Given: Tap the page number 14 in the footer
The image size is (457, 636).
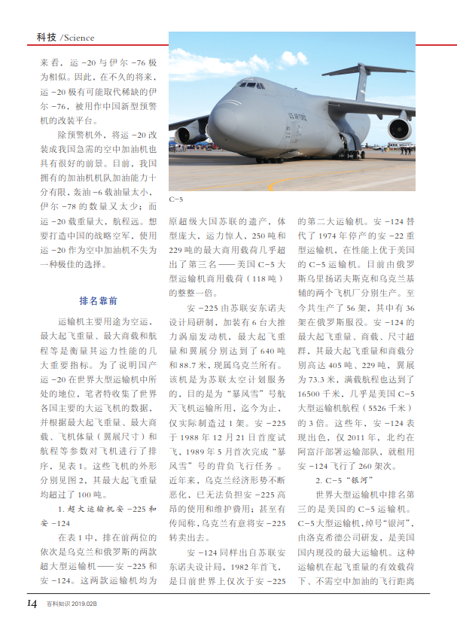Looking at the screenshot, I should pos(32,604).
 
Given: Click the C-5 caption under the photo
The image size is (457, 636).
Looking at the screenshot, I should pos(176,199).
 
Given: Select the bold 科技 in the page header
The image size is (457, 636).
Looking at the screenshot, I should pos(47,38).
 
